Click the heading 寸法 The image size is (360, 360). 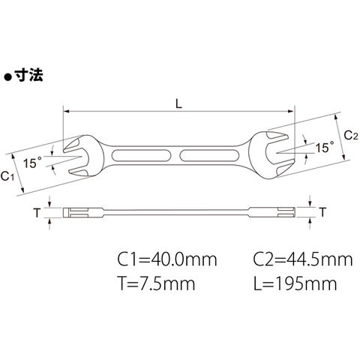click(28, 74)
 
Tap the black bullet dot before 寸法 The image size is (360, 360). click(8, 77)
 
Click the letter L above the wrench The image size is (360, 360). click(178, 103)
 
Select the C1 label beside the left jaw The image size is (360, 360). click(7, 176)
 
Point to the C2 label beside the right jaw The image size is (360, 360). click(351, 136)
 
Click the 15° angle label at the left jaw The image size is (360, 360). click(32, 163)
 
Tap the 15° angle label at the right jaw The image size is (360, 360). click(325, 147)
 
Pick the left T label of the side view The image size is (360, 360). click(37, 213)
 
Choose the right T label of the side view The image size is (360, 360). click(323, 212)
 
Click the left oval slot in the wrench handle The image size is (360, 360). click(141, 156)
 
